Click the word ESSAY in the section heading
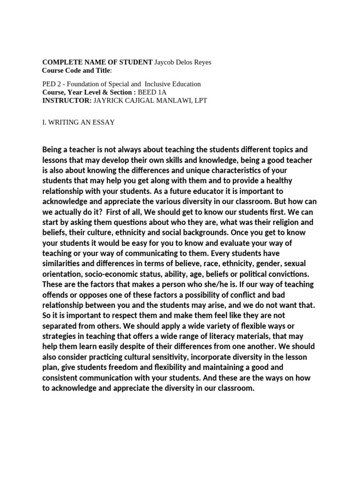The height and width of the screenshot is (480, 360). tap(103, 122)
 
